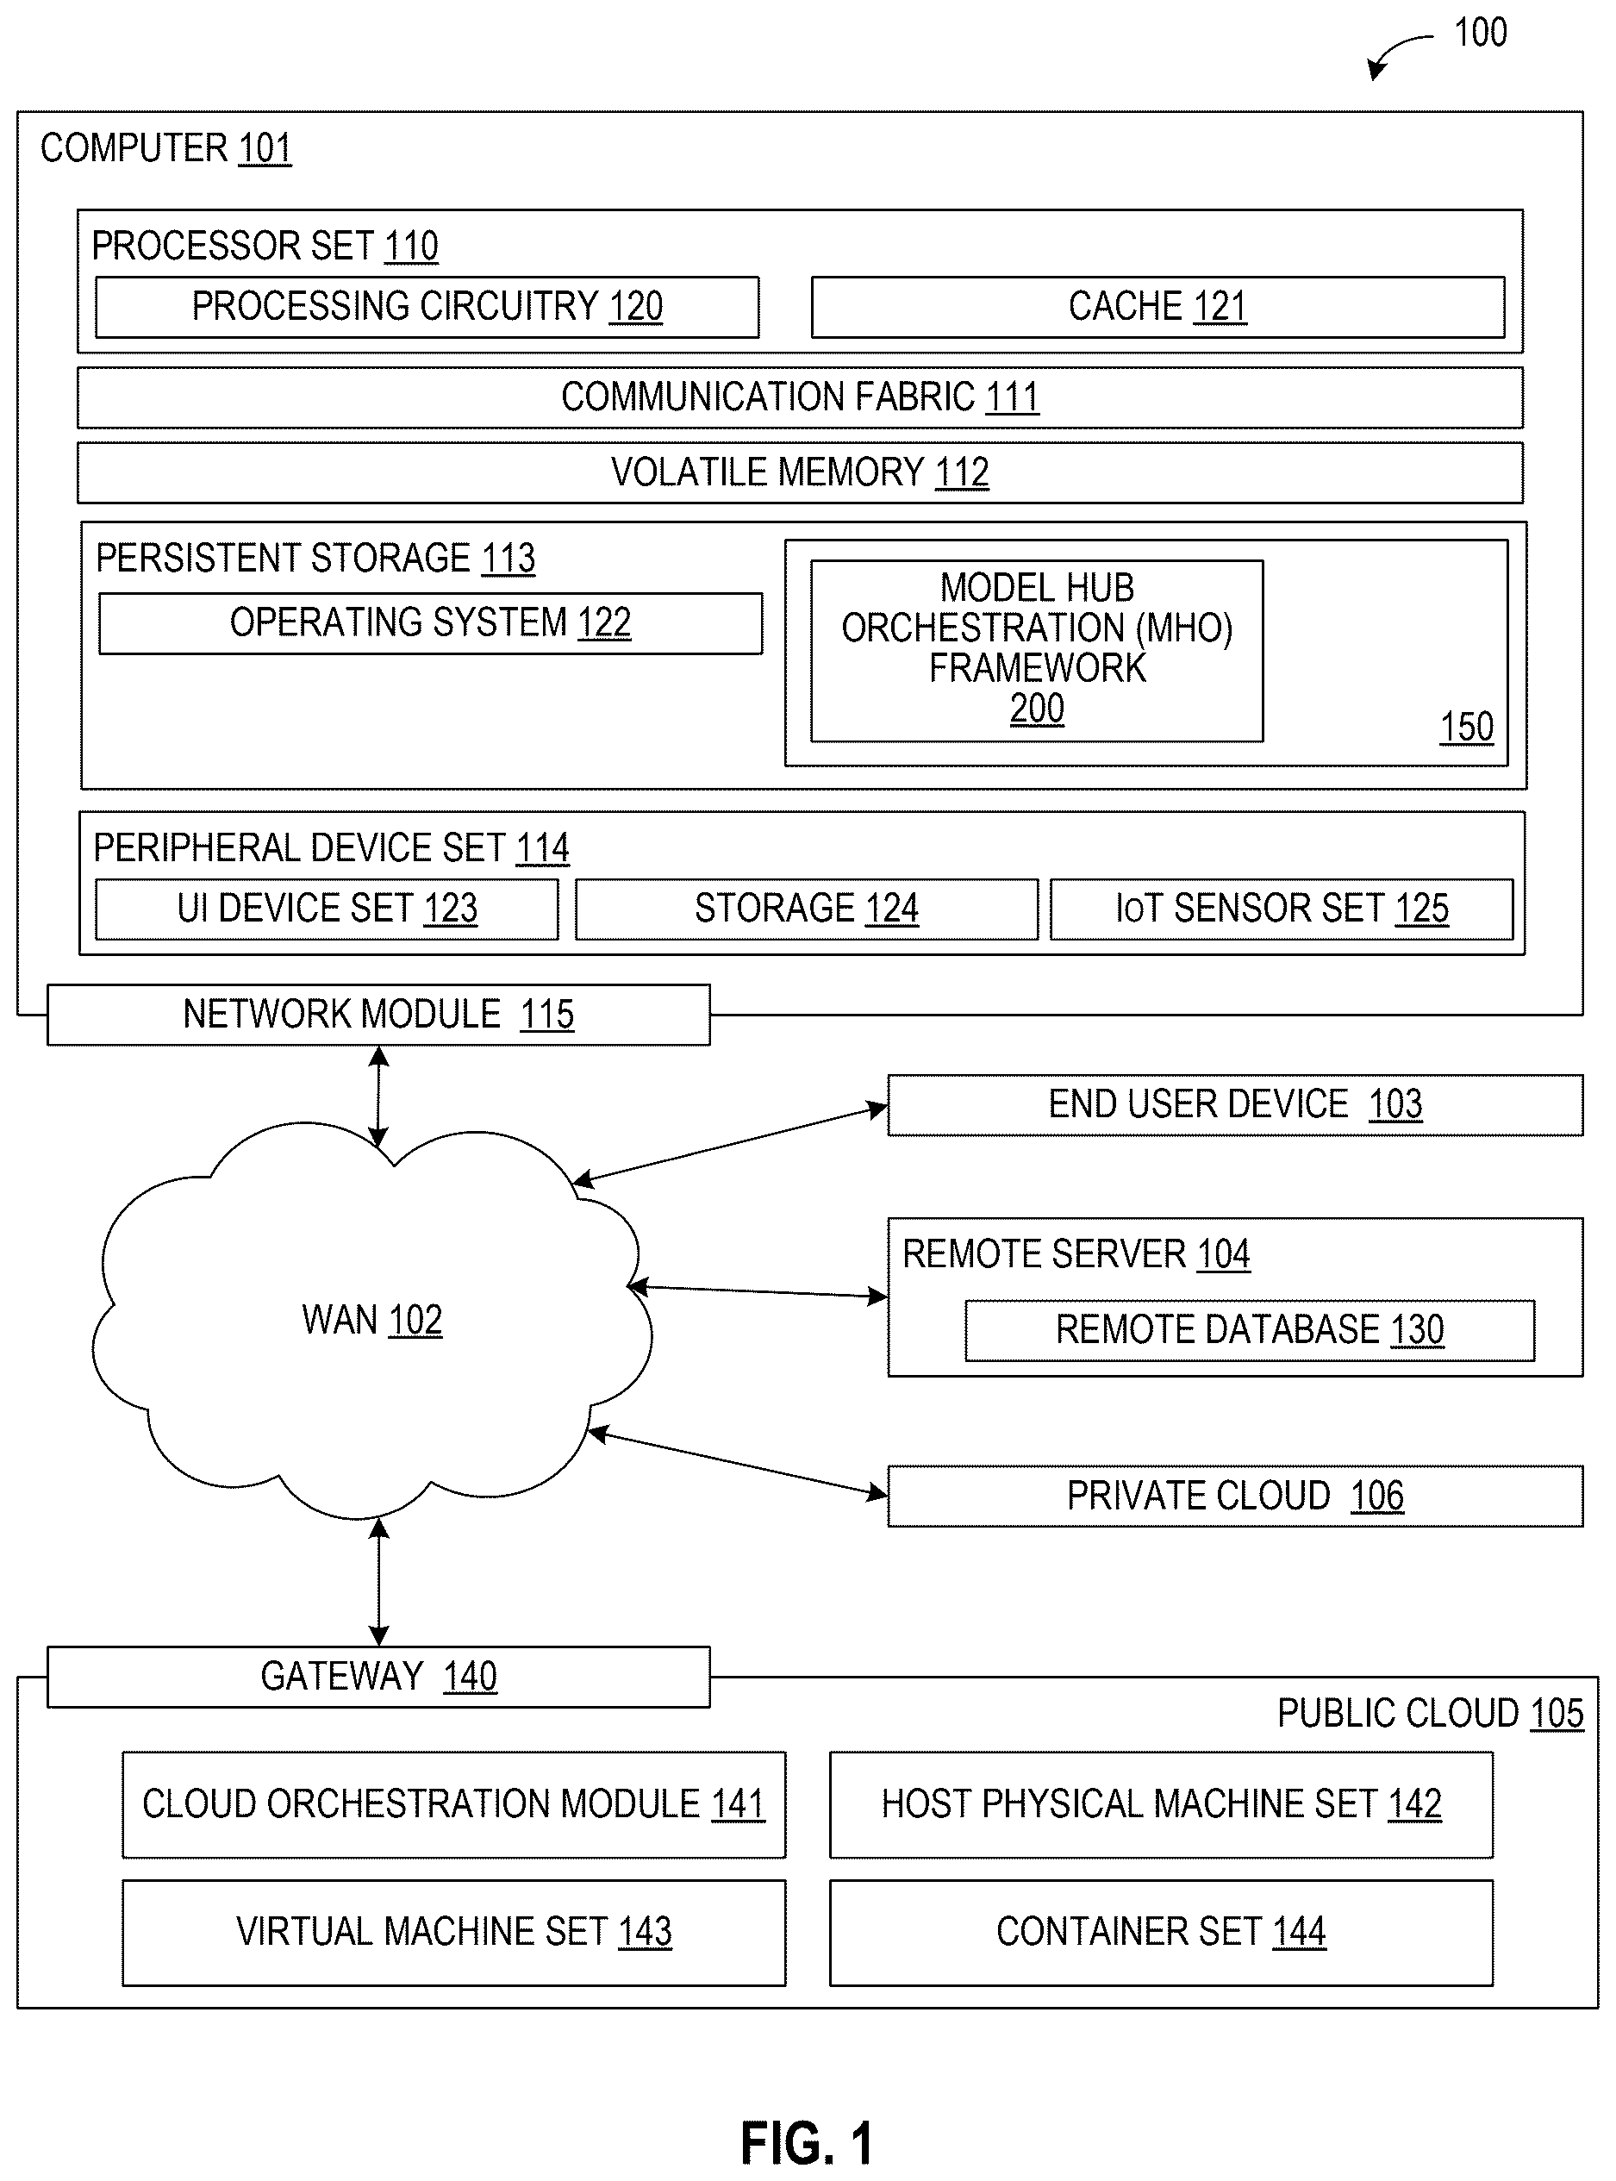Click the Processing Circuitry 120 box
tap(427, 307)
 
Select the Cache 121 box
tap(1158, 307)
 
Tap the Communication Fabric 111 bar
tap(800, 397)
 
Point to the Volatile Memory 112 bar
tap(800, 472)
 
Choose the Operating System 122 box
tap(430, 623)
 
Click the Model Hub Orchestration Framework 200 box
tap(1037, 651)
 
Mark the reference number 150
tap(1466, 727)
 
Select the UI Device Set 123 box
tap(327, 909)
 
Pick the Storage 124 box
tap(807, 909)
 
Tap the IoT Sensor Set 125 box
tap(1282, 909)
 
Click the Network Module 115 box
tap(378, 1015)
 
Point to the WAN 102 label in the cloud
tap(371, 1320)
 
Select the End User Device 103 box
tap(1235, 1104)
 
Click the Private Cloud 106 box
tap(1235, 1496)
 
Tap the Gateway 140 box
tap(378, 1677)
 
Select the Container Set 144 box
tap(1161, 1933)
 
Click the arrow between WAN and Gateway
tap(378, 1582)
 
